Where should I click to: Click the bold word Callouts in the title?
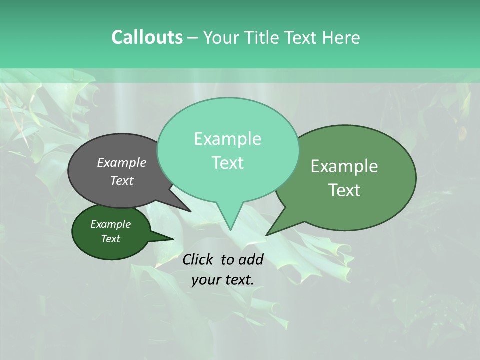click(147, 37)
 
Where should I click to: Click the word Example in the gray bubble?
click(121, 162)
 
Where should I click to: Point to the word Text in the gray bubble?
click(121, 180)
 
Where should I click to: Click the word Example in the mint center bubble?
click(227, 139)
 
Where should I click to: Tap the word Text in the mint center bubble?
click(227, 163)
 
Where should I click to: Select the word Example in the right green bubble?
click(344, 166)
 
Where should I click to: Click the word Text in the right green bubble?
click(344, 190)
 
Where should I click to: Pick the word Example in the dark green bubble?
click(110, 224)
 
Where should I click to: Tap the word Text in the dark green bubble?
click(110, 239)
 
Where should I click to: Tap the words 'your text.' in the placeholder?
click(222, 280)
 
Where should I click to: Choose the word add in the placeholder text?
click(251, 259)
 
